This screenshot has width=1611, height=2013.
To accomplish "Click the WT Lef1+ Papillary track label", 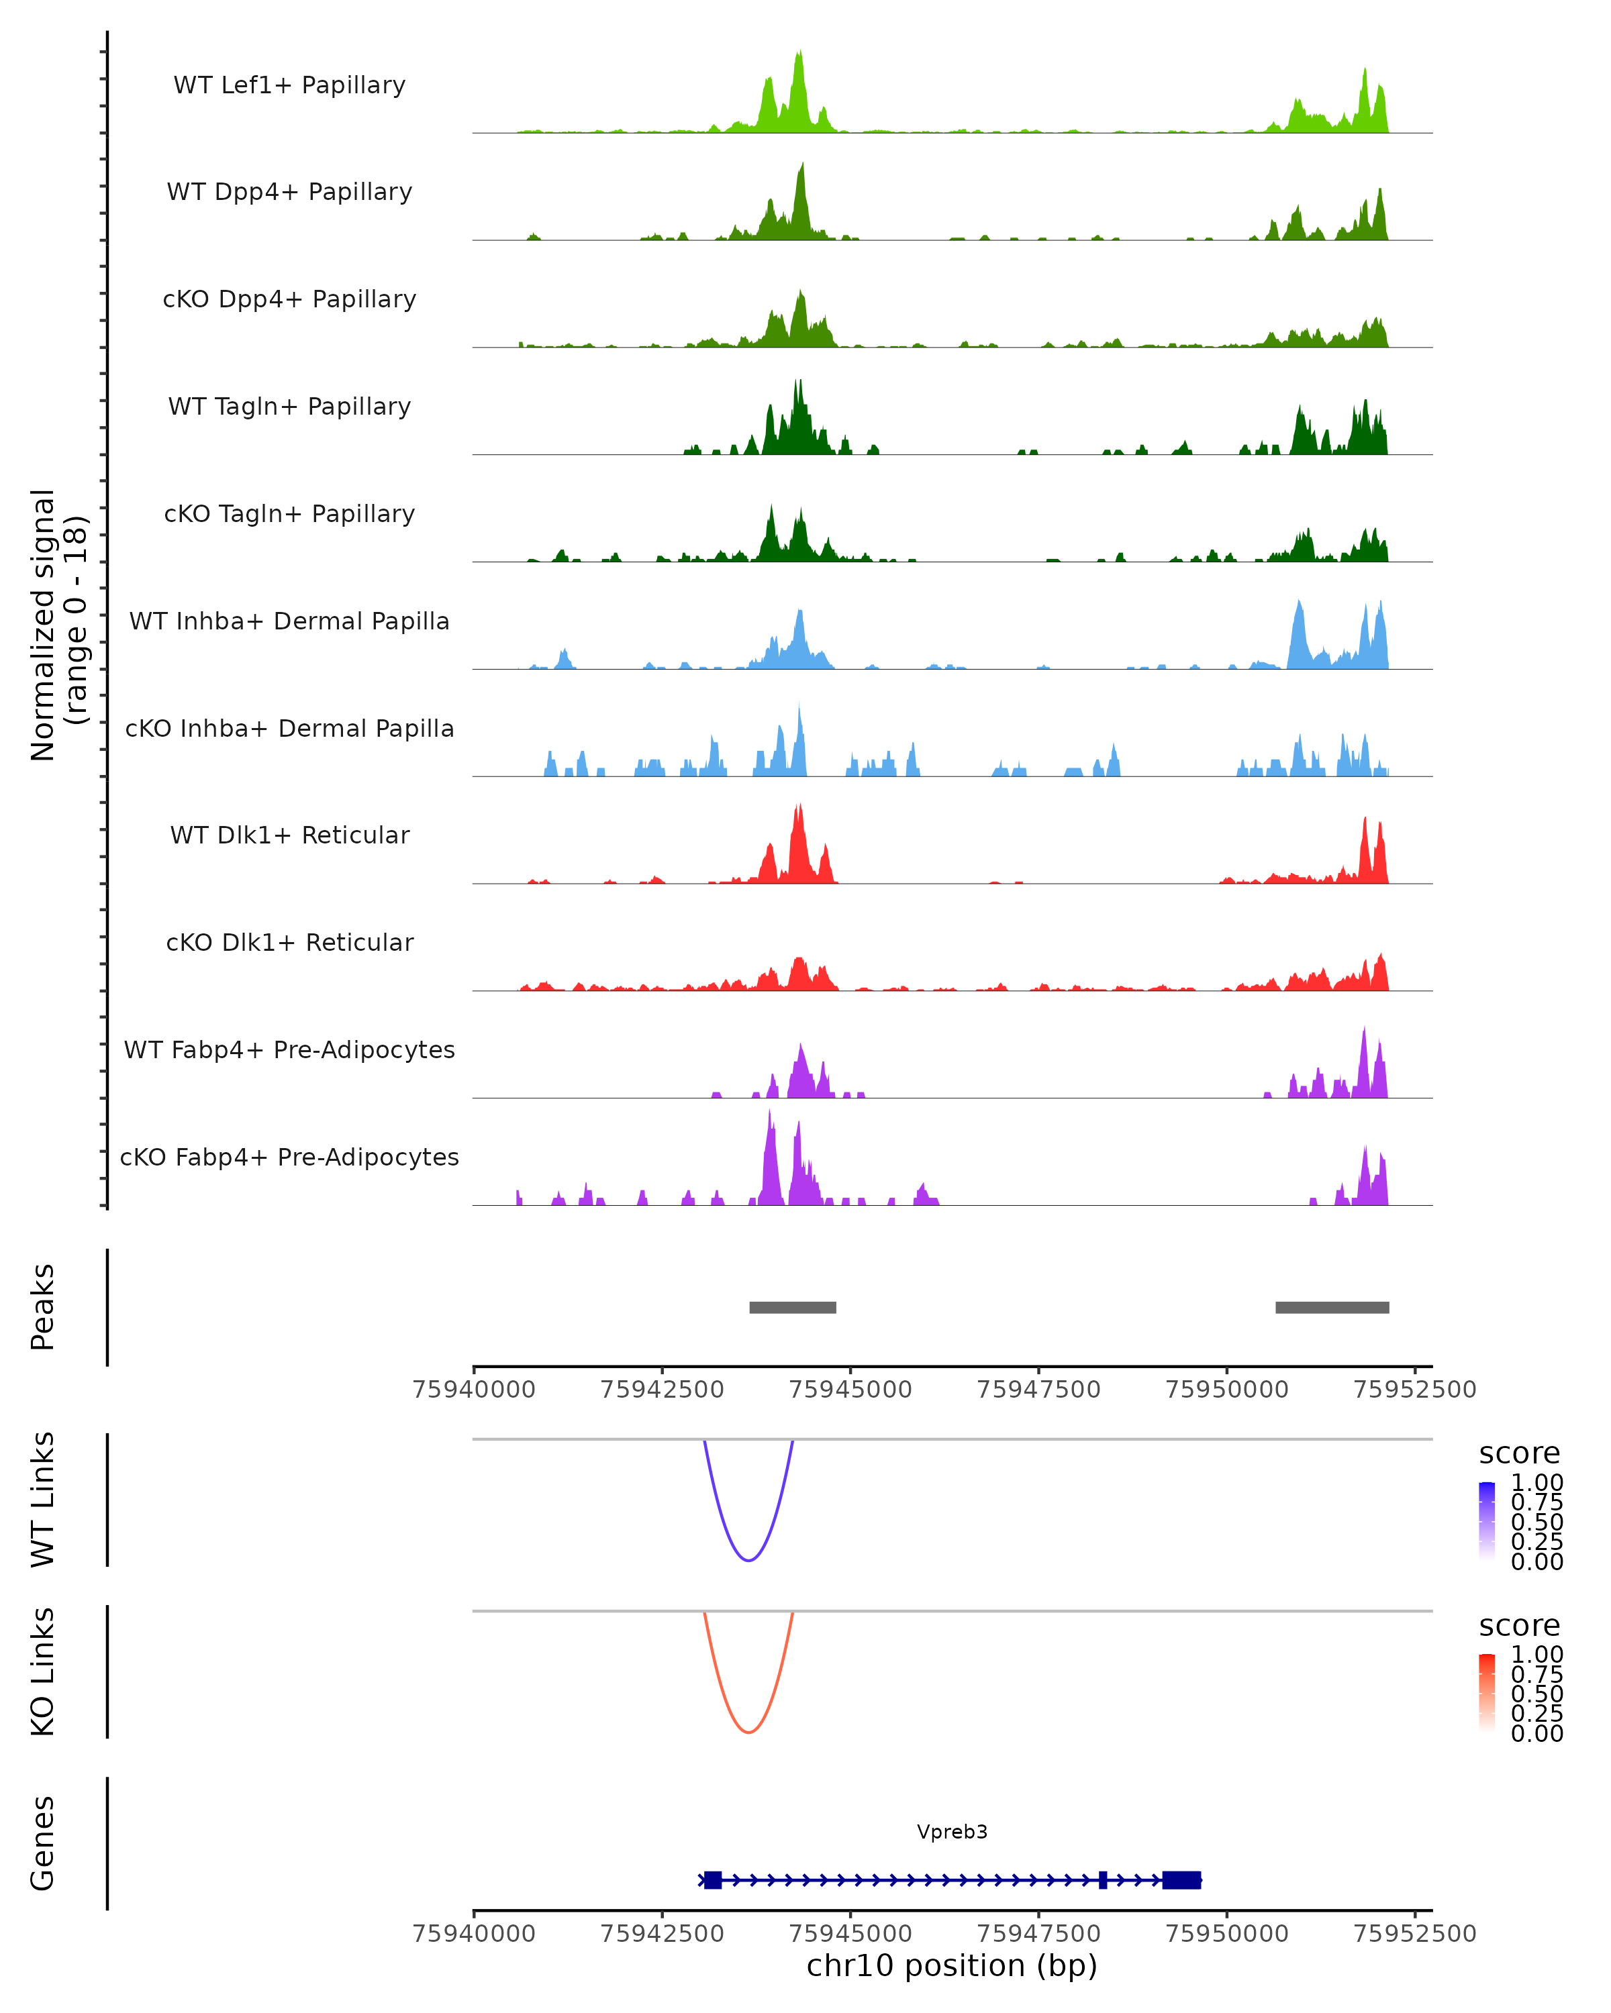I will pyautogui.click(x=289, y=85).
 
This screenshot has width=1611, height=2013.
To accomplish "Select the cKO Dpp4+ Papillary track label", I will pyautogui.click(x=289, y=300).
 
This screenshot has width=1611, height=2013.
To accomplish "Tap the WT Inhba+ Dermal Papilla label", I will pyautogui.click(x=289, y=622).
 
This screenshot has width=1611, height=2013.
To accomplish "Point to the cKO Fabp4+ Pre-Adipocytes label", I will pyautogui.click(x=289, y=1157).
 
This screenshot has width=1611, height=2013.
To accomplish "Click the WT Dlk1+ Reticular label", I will pyautogui.click(x=289, y=835).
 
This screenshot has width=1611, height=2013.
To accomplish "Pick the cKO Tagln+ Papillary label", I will pyautogui.click(x=289, y=515).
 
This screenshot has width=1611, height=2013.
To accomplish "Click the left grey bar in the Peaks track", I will pyautogui.click(x=793, y=1308).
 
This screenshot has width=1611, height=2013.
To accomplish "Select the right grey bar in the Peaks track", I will pyautogui.click(x=1332, y=1308).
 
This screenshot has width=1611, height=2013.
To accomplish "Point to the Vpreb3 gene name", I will pyautogui.click(x=952, y=1832).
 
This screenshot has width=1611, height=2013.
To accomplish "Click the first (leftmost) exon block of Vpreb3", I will pyautogui.click(x=713, y=1880).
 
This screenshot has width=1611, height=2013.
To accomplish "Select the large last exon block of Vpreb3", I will pyautogui.click(x=1181, y=1880).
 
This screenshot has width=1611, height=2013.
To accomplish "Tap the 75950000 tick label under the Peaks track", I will pyautogui.click(x=1227, y=1390).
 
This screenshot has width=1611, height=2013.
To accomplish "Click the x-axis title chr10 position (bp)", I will pyautogui.click(x=952, y=1966).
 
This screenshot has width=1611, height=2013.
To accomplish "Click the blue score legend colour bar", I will pyautogui.click(x=1487, y=1520).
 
